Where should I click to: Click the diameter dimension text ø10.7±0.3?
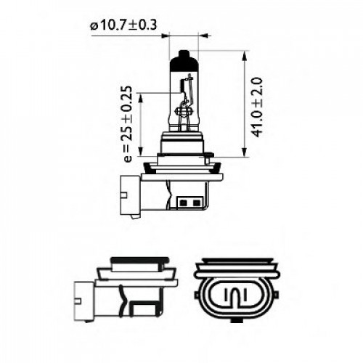pos(126,27)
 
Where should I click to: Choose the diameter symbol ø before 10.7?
pos(94,27)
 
